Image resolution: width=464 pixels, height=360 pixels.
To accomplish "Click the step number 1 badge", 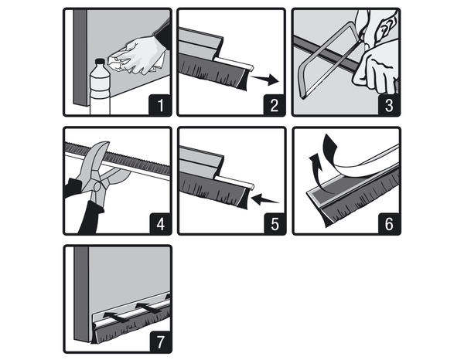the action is pos(160,105).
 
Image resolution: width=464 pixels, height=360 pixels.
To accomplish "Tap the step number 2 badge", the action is pos(275,105).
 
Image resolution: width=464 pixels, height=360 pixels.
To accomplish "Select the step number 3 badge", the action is pos(389,105).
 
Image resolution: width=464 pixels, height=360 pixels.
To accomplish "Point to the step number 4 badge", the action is pos(160,224).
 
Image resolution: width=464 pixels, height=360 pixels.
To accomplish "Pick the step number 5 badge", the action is pos(275,224).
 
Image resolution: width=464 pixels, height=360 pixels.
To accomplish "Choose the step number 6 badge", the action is pos(390,224).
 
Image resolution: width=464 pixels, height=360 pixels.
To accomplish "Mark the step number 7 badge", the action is pos(160,342).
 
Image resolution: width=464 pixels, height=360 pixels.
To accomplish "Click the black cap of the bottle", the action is pos(100,62).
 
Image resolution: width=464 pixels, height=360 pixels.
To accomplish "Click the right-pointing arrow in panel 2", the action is pos(264,79).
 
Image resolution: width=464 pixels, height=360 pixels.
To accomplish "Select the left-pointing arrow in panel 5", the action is pos(265,199).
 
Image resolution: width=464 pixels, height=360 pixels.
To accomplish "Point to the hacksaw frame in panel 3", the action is pos(329,60).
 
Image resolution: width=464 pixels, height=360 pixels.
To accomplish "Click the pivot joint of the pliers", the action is pos(97,187).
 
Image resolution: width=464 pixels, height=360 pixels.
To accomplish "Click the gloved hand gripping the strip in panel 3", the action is pos(375,70).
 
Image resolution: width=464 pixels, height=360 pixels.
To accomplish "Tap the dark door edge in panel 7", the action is pos(81,294).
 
